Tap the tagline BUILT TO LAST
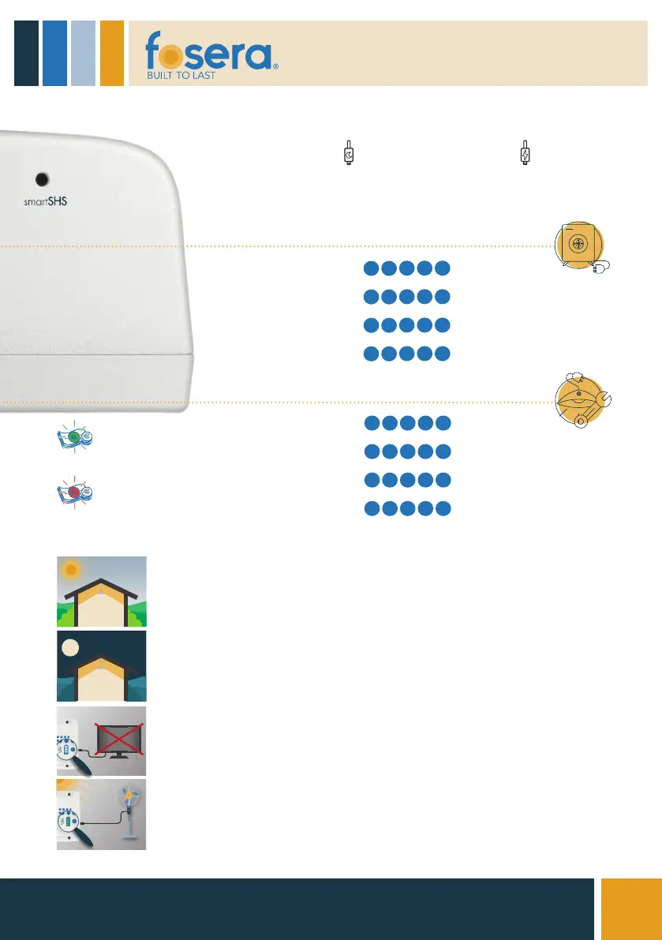(x=182, y=76)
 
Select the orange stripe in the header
(x=112, y=52)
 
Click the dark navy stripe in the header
(x=26, y=52)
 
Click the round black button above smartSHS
(x=43, y=179)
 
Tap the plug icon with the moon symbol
(x=349, y=154)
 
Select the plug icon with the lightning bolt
(x=525, y=154)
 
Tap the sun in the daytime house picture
(x=73, y=569)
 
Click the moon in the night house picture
(x=70, y=648)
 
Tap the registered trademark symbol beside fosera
(x=275, y=68)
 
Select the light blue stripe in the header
(x=83, y=52)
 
